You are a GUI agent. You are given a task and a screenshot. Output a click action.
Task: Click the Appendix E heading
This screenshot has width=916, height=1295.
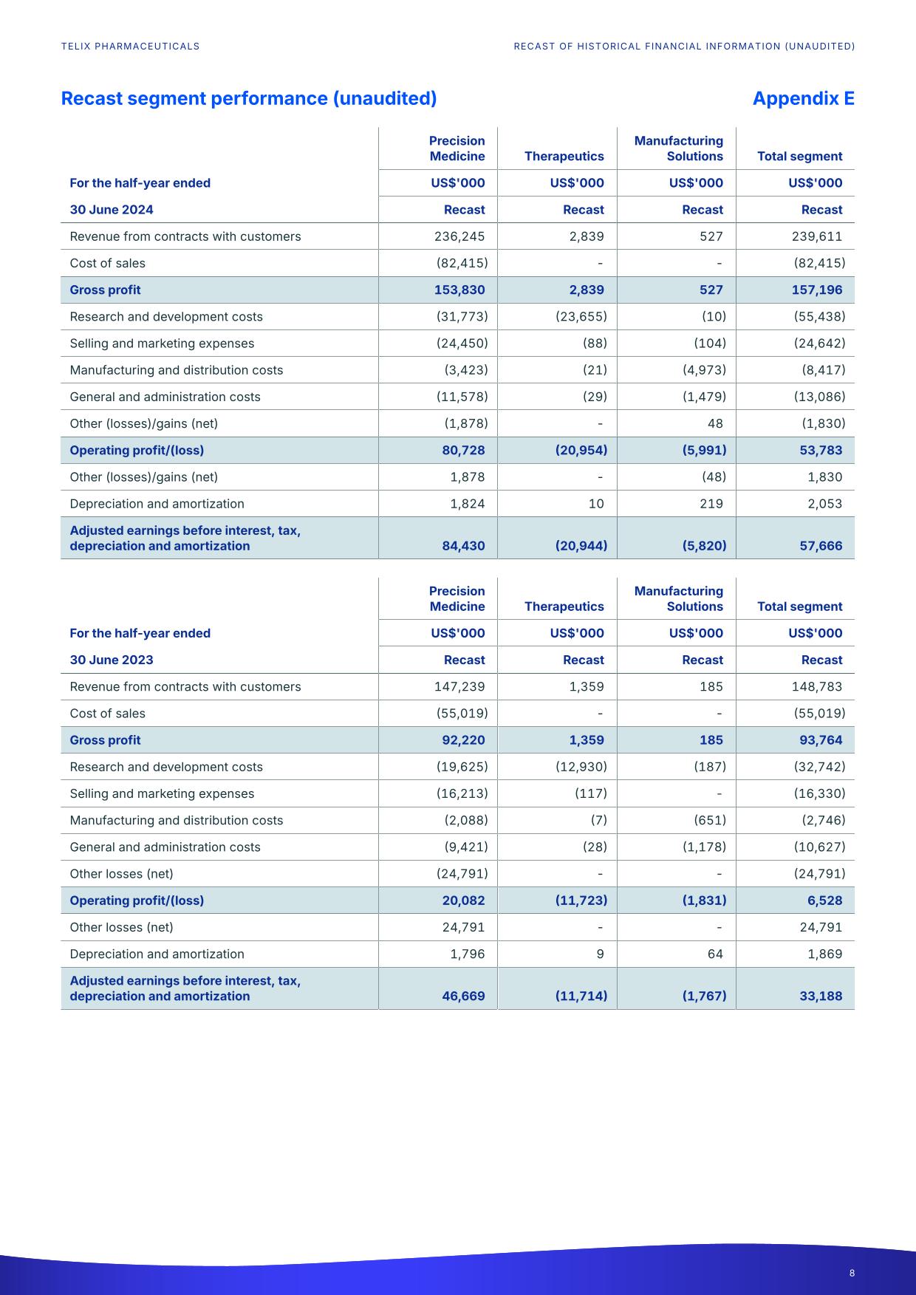tap(803, 98)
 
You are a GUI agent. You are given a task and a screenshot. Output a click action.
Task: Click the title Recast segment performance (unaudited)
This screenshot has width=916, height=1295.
tap(249, 98)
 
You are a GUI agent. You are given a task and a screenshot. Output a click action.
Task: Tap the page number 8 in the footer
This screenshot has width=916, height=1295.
tap(852, 1273)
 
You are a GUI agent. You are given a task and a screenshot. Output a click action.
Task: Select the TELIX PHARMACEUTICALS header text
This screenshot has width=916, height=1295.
tap(131, 46)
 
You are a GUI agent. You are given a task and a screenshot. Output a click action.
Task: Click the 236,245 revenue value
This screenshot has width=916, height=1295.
tap(459, 236)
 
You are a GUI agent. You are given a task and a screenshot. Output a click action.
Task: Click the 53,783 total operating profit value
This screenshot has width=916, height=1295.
tap(821, 450)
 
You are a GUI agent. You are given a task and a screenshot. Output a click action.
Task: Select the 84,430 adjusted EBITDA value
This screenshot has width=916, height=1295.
tap(463, 546)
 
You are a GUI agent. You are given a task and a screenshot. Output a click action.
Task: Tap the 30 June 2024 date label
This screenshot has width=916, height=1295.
tap(112, 210)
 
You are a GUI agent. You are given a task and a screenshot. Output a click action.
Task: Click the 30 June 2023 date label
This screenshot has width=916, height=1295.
tap(112, 660)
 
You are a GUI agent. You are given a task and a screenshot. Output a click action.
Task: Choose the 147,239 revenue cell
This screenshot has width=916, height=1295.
tap(459, 686)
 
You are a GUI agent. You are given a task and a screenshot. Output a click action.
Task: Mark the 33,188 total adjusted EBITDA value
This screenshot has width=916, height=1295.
tap(821, 996)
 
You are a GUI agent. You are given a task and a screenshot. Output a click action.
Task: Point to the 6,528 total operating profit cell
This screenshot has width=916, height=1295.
tap(825, 901)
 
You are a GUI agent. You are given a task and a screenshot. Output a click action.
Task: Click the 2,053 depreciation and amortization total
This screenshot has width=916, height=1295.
tap(824, 504)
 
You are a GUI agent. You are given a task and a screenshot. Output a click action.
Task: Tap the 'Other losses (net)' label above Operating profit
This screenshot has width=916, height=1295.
tap(122, 874)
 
